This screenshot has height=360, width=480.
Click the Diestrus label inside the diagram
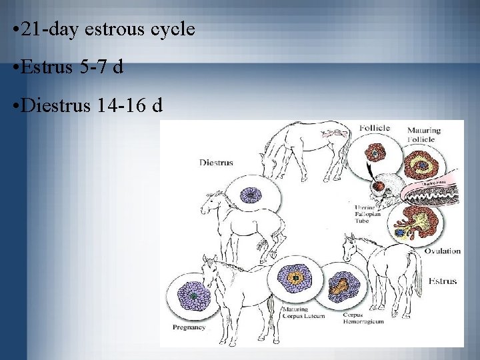(x=216, y=162)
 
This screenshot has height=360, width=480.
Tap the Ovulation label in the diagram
(x=442, y=251)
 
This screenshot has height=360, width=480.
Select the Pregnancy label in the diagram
(x=189, y=327)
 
